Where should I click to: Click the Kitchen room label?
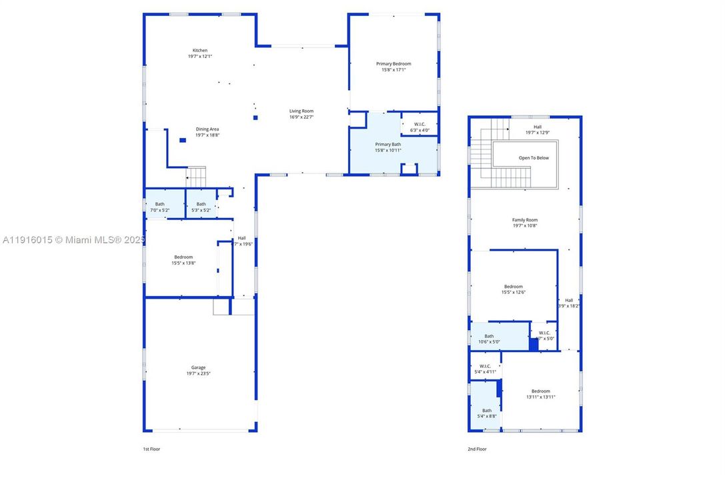click(200, 51)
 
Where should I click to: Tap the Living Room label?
click(301, 111)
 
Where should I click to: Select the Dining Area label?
click(207, 129)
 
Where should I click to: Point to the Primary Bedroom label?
click(394, 64)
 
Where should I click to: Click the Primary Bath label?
click(388, 145)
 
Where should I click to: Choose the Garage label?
click(199, 367)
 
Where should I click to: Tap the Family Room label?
click(525, 220)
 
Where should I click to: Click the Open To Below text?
click(534, 158)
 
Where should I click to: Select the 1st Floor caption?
click(151, 449)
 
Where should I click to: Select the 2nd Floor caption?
click(477, 449)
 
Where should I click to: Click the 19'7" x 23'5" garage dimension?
click(199, 373)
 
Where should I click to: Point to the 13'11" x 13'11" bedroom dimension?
click(540, 397)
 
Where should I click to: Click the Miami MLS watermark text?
click(73, 240)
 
